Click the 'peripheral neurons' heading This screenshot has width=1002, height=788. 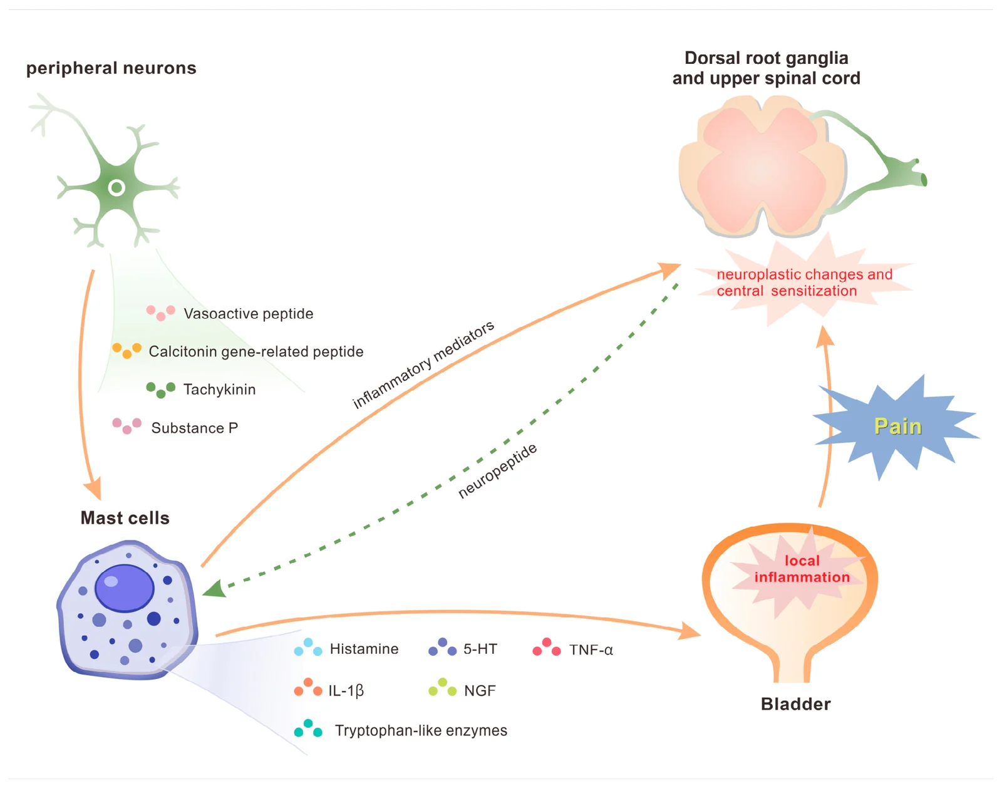tap(111, 68)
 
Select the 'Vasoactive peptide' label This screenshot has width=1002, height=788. tap(248, 313)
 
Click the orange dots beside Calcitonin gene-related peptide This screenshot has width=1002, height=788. tap(127, 351)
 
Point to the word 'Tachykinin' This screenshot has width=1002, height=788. tap(219, 389)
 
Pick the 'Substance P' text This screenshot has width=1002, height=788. tap(195, 428)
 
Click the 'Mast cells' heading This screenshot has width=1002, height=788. tap(125, 518)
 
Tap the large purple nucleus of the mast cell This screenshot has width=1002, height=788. tap(125, 588)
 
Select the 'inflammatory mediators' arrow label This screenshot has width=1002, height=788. tap(423, 364)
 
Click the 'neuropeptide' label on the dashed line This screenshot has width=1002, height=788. tap(497, 470)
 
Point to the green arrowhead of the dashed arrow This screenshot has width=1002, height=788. tap(215, 588)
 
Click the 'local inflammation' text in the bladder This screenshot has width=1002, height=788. tap(802, 569)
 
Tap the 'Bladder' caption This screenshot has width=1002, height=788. tap(795, 703)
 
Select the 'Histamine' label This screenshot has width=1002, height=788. tap(364, 649)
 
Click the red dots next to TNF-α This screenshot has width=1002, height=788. tap(547, 647)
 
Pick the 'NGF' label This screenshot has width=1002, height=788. tap(480, 690)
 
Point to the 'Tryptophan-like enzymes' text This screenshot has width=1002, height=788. tap(421, 730)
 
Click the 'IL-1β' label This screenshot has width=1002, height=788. tap(346, 690)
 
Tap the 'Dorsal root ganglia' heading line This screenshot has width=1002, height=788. tap(766, 58)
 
